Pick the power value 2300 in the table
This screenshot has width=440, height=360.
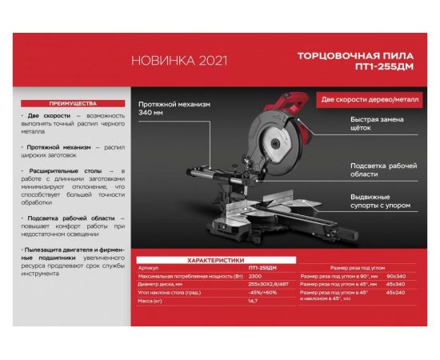click(x=254, y=275)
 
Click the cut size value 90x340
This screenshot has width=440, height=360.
click(x=395, y=275)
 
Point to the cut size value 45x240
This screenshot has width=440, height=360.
click(x=395, y=292)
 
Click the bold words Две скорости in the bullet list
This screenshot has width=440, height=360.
click(x=48, y=116)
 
